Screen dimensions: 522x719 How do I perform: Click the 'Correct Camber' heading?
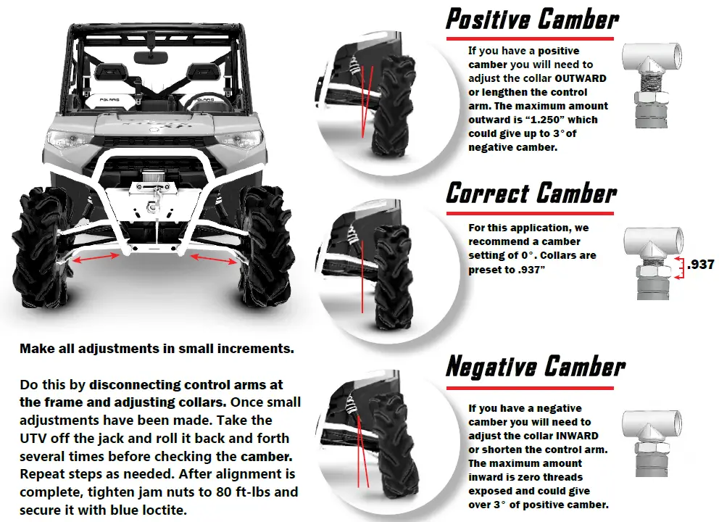coord(531,194)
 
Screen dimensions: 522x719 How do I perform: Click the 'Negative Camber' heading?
coord(535,367)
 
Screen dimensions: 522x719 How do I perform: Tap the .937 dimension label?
coord(701,265)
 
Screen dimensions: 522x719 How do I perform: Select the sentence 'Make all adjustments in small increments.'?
coord(157,349)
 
